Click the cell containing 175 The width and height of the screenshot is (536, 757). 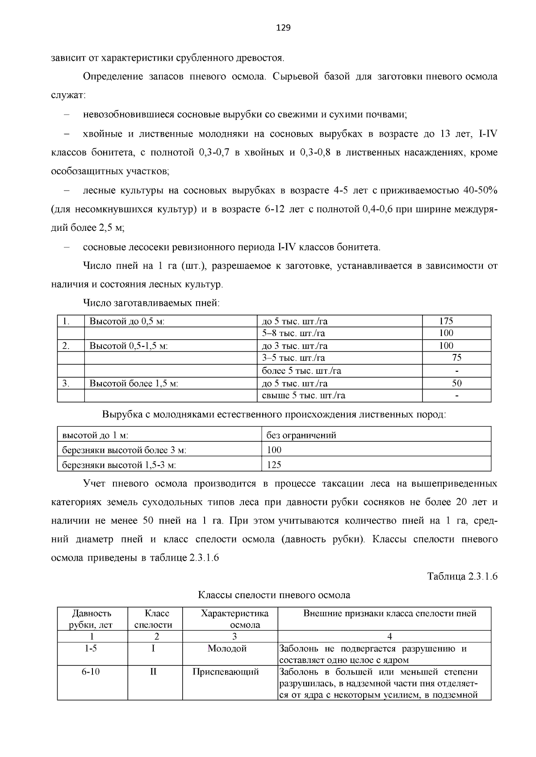pyautogui.click(x=446, y=321)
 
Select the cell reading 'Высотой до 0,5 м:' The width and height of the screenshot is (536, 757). pyautogui.click(x=127, y=321)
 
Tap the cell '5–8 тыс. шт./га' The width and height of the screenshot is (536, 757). pyautogui.click(x=293, y=333)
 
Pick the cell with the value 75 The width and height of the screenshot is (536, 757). pyautogui.click(x=456, y=358)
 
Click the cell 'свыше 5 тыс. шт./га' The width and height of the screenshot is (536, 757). pyautogui.click(x=303, y=395)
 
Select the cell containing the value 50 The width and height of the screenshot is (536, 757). pyautogui.click(x=456, y=383)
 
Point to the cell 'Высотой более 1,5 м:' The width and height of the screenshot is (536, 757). pyautogui.click(x=134, y=383)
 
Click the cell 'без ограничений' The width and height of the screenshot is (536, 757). pyautogui.click(x=301, y=435)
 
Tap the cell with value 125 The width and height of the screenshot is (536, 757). pyautogui.click(x=274, y=465)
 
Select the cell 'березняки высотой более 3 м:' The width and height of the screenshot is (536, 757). pyautogui.click(x=124, y=450)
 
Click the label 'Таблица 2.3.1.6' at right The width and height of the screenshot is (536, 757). pyautogui.click(x=462, y=576)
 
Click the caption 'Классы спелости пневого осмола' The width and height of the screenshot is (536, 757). pyautogui.click(x=274, y=595)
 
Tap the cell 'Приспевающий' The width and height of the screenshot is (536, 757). pyautogui.click(x=226, y=672)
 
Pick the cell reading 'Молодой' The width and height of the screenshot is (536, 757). pyautogui.click(x=227, y=649)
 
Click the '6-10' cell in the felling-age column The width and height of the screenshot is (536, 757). pyautogui.click(x=91, y=672)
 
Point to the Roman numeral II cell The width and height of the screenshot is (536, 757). pyautogui.click(x=153, y=672)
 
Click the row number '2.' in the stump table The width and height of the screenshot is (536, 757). pyautogui.click(x=66, y=345)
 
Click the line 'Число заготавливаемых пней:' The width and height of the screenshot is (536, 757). pyautogui.click(x=151, y=304)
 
